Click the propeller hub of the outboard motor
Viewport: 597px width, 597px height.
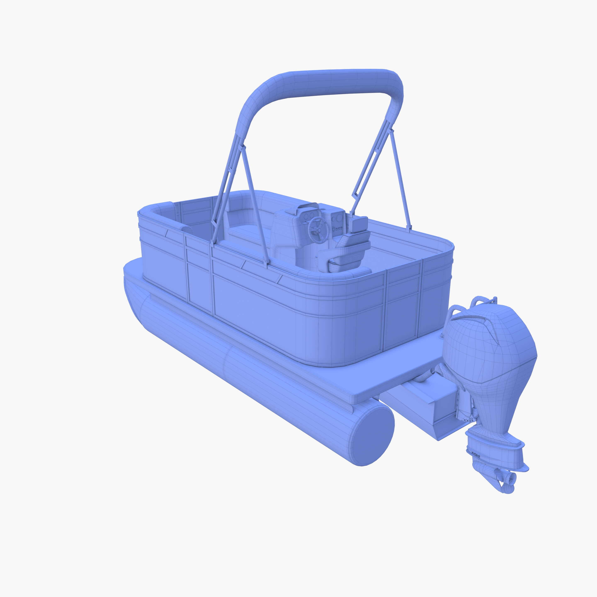(511, 478)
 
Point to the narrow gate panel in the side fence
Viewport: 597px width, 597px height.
(199, 275)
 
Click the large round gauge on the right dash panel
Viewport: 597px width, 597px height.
(339, 218)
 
